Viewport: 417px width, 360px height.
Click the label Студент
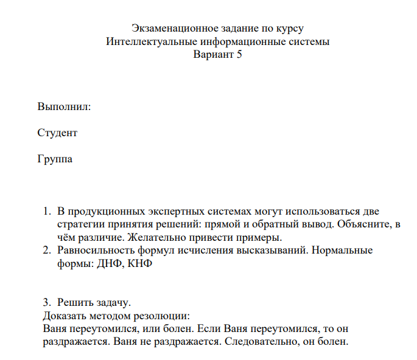click(57, 133)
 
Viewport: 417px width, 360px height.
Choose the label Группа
click(55, 159)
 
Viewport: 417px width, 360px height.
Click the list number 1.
click(46, 212)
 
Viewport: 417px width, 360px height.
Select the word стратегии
click(79, 224)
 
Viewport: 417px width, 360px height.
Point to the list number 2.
click(46, 250)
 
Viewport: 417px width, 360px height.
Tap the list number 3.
click(46, 302)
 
